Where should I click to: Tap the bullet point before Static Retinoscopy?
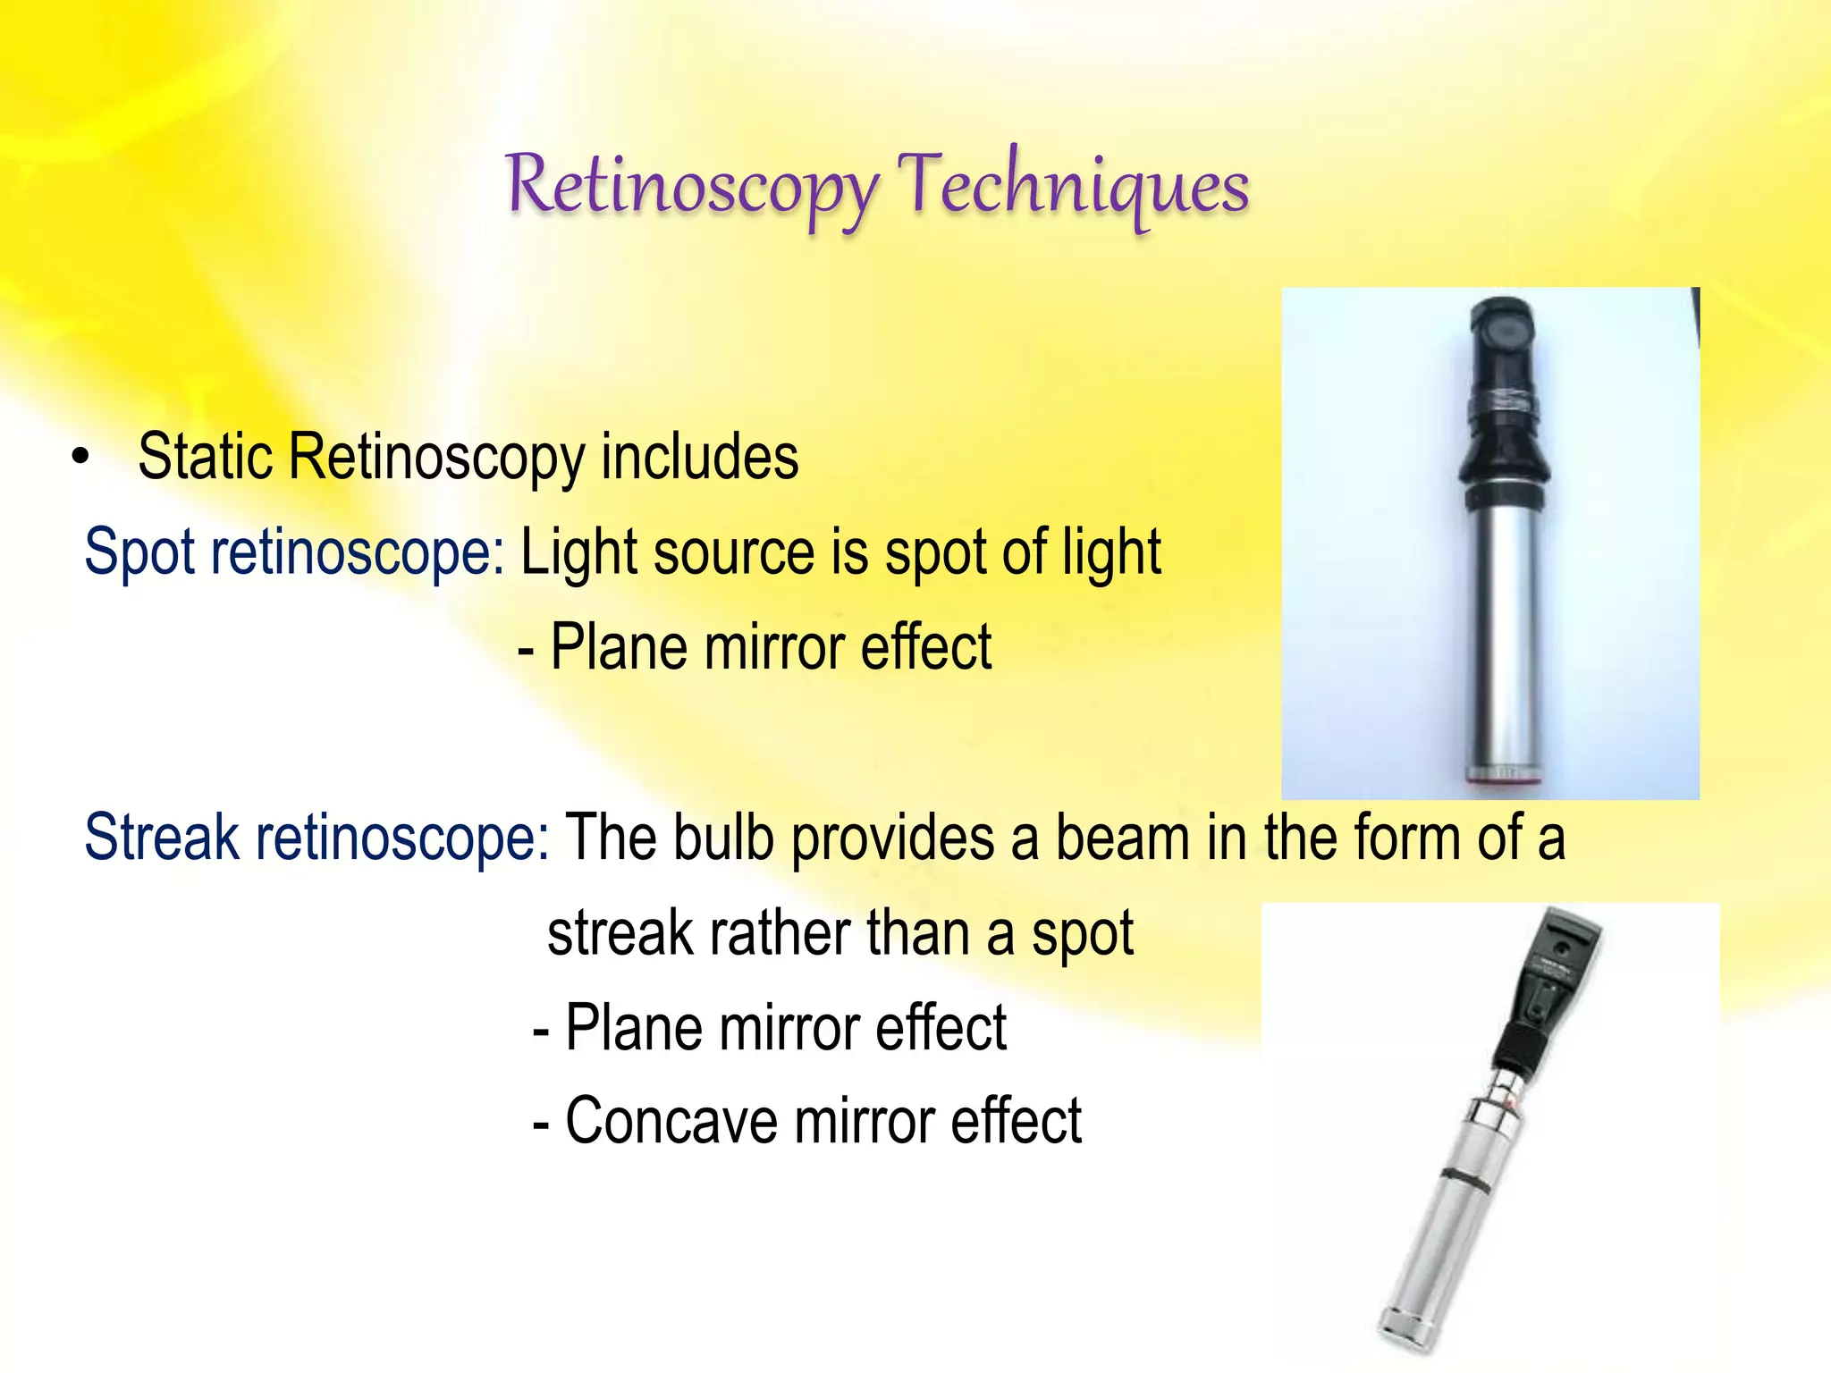(x=81, y=458)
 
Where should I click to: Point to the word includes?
(x=699, y=458)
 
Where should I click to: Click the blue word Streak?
(x=162, y=838)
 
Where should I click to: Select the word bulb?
(x=722, y=838)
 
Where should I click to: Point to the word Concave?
(x=671, y=1121)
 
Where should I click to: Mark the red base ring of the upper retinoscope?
(x=1504, y=779)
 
